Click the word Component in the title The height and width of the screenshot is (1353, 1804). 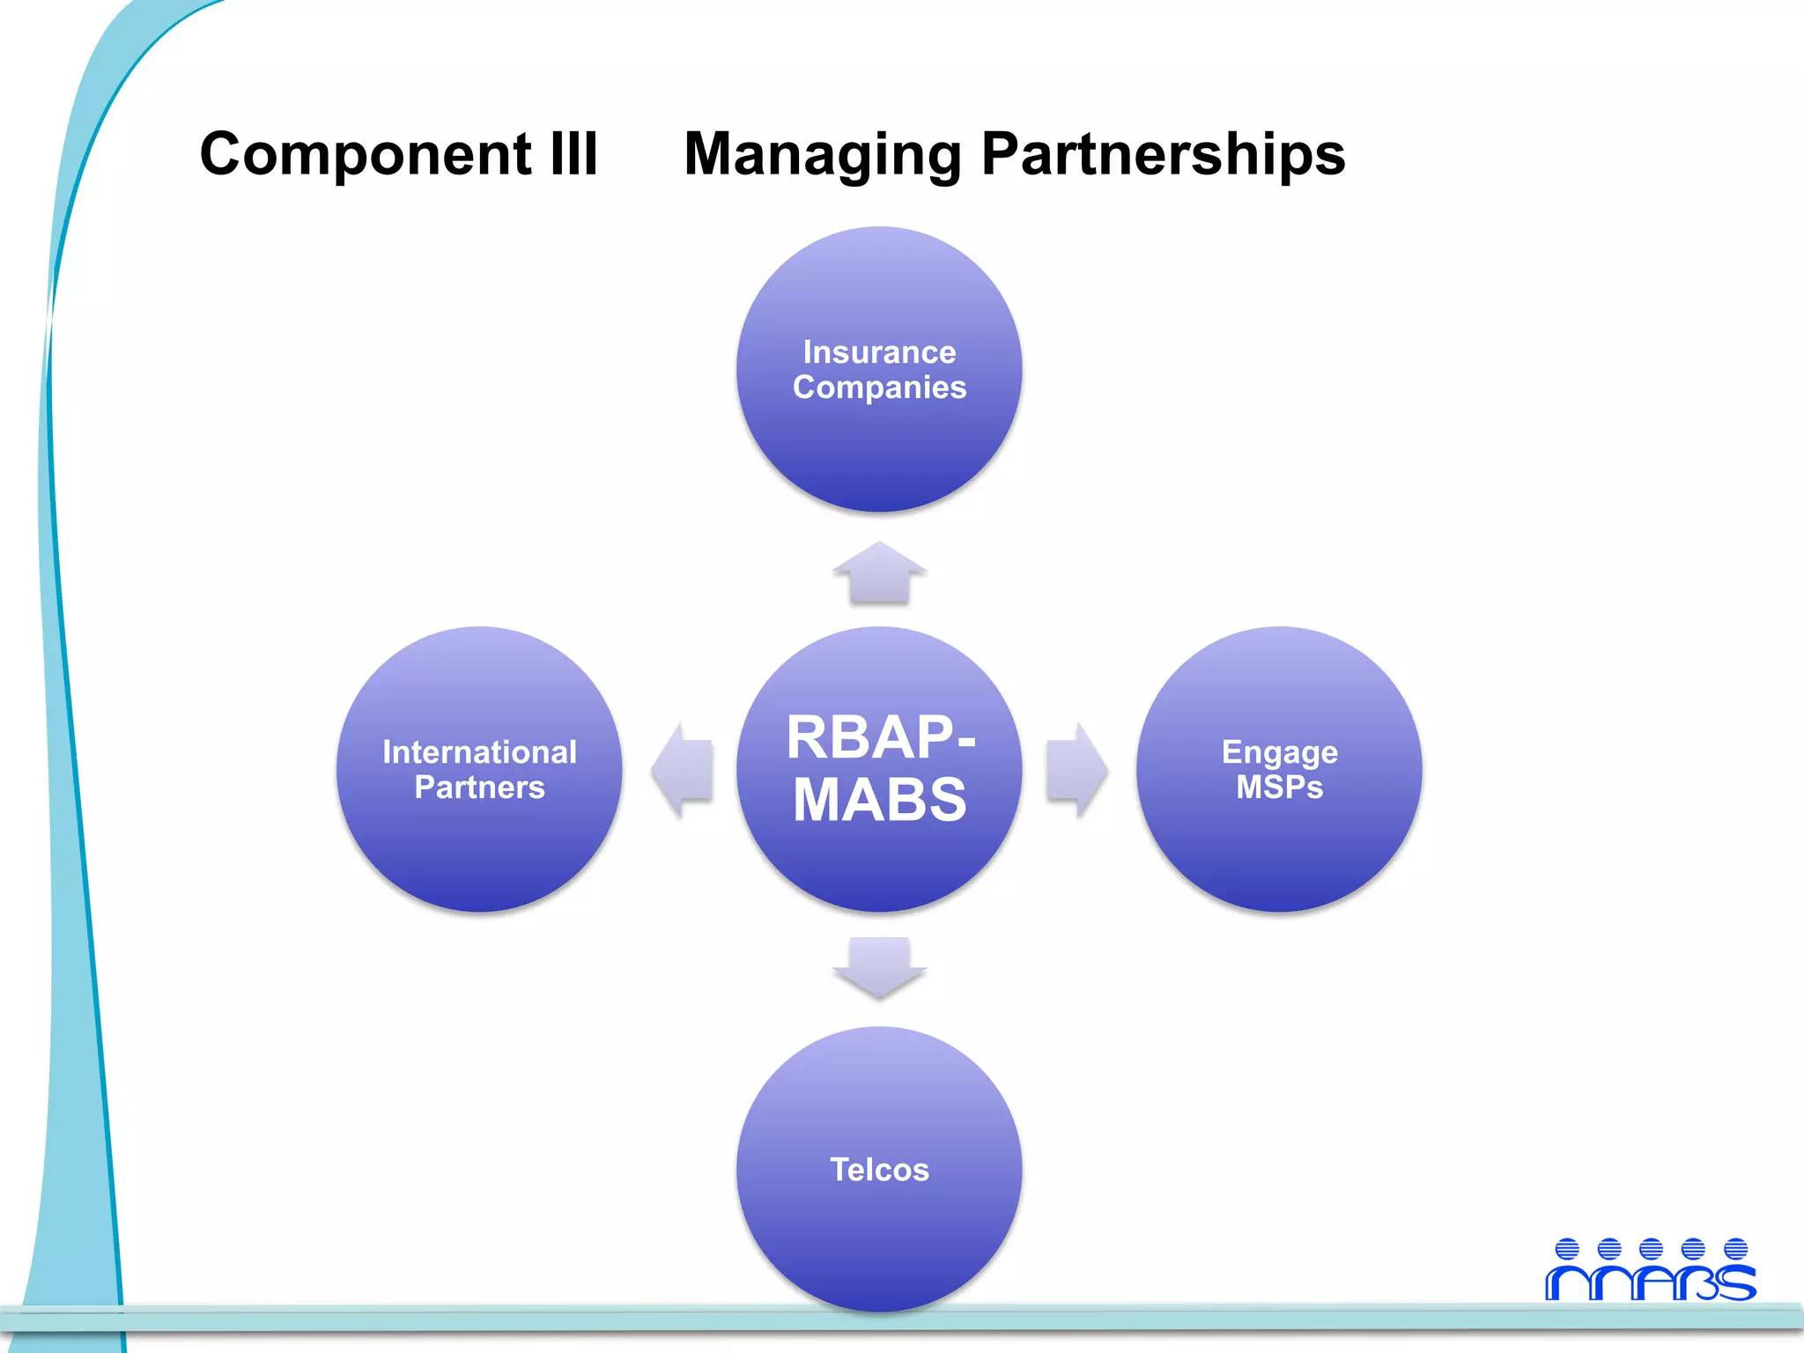click(365, 155)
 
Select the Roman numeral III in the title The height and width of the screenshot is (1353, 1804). click(573, 153)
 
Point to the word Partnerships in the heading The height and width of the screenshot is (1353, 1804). click(1163, 155)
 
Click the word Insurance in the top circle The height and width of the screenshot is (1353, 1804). click(879, 352)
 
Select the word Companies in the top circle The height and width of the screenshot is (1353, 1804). click(879, 388)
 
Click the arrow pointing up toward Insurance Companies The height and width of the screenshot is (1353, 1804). click(879, 574)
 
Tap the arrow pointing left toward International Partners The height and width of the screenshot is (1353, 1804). click(683, 770)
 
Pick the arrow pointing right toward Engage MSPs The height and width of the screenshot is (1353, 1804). click(1076, 770)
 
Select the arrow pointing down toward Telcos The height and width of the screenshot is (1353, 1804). click(879, 967)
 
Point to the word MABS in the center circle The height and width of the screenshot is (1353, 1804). click(879, 800)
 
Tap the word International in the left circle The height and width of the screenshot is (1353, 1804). click(479, 752)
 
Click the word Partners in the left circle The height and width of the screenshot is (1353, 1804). click(479, 787)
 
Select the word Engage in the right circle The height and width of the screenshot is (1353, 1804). click(1279, 753)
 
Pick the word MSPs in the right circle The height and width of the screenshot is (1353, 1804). click(1279, 787)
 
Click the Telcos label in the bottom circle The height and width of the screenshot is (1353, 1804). click(879, 1170)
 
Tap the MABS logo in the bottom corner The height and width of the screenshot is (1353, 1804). click(1650, 1283)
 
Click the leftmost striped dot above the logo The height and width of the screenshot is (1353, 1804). click(1566, 1249)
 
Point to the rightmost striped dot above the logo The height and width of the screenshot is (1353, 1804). click(1735, 1249)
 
